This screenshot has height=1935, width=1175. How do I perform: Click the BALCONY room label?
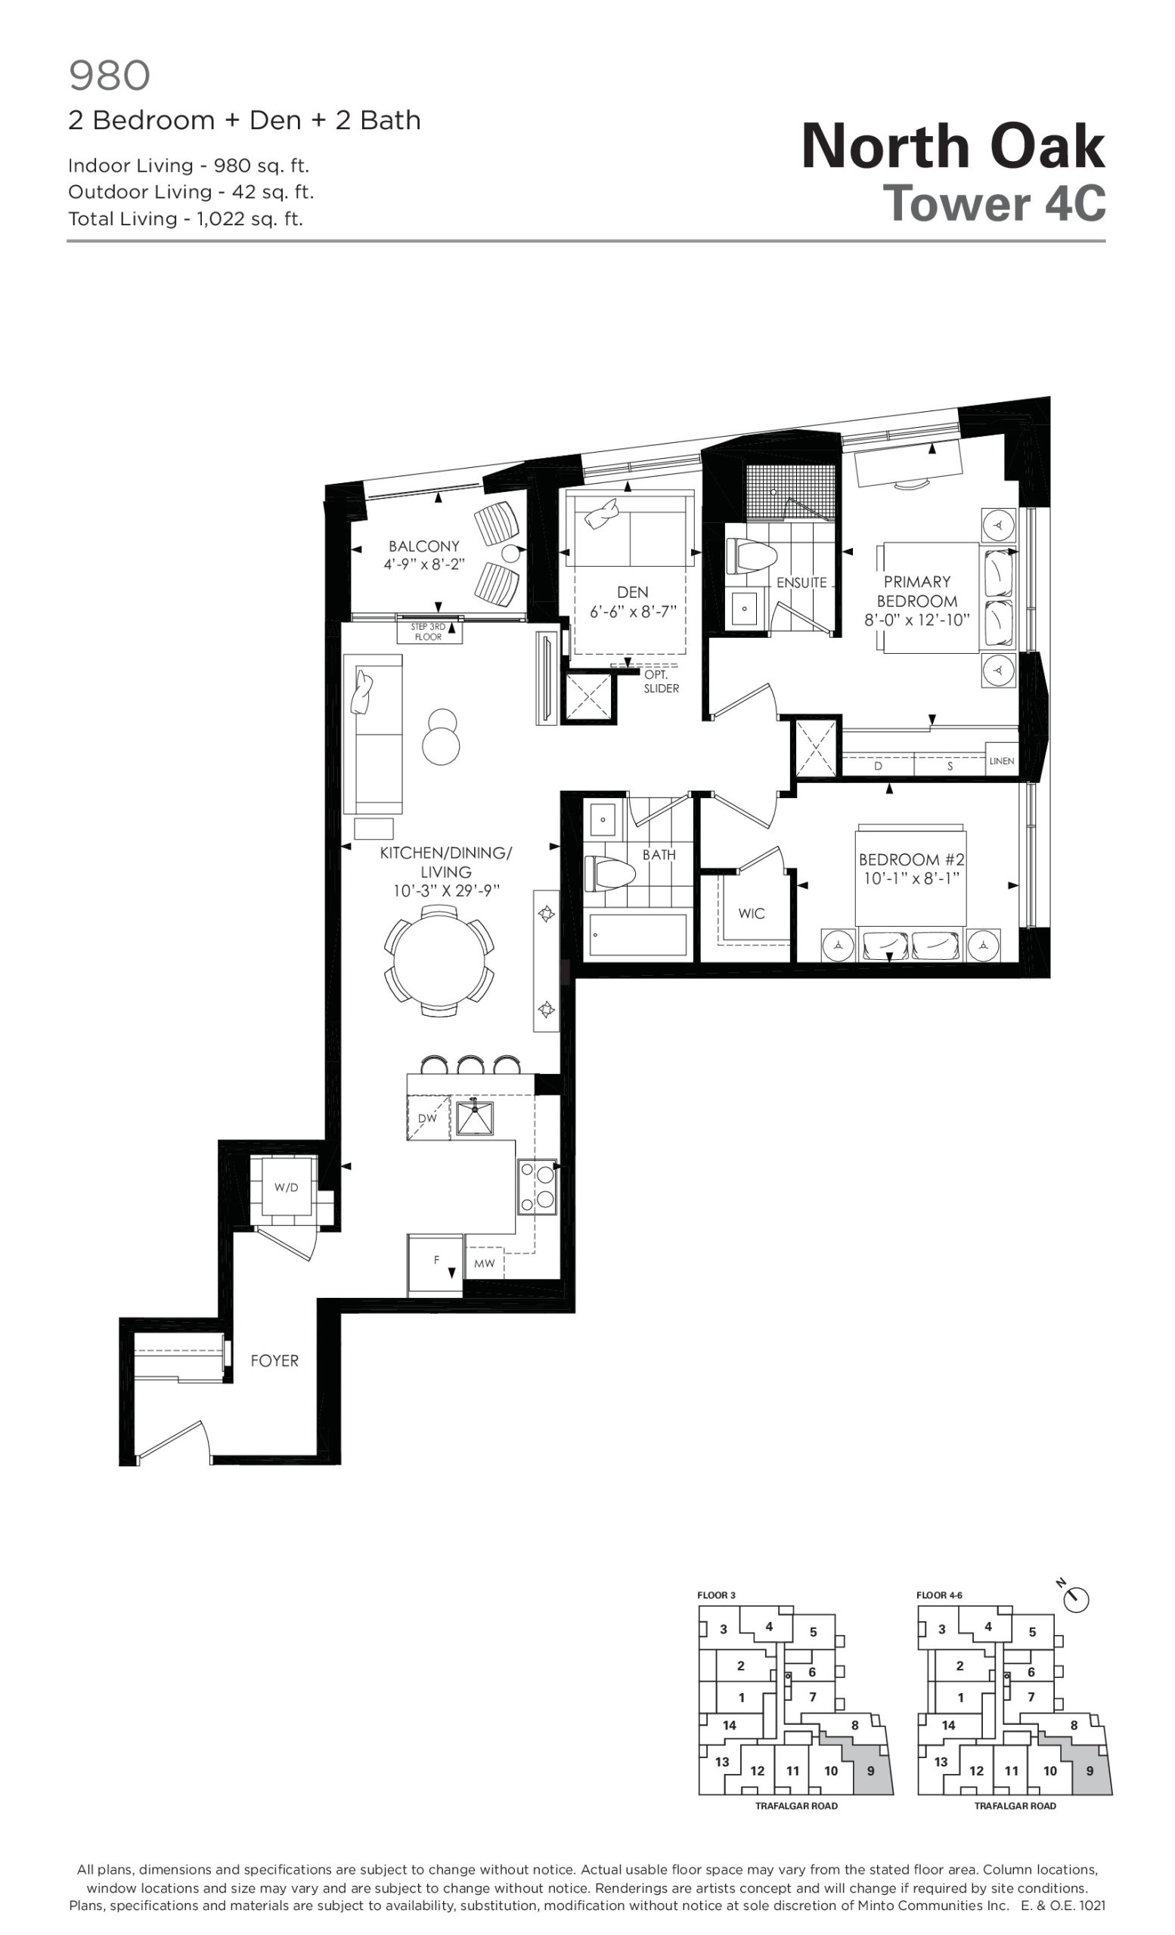[x=423, y=546]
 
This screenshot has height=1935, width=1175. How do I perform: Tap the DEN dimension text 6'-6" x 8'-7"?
[x=633, y=611]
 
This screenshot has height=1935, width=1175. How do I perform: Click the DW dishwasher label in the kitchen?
[x=426, y=1118]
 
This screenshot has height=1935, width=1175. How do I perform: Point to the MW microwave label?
[x=485, y=1264]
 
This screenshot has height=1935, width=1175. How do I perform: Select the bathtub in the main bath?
[x=635, y=933]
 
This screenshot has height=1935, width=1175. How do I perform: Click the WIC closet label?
[x=752, y=913]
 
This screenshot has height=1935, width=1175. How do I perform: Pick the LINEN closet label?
[x=1001, y=761]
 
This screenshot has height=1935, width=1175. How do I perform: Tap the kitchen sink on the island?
[x=474, y=1118]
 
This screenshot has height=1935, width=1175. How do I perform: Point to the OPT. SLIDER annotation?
[x=661, y=682]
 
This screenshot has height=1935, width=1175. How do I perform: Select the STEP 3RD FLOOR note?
[x=428, y=632]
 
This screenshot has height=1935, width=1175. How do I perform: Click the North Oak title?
[x=953, y=146]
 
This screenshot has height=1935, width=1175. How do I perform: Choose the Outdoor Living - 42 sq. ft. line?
[x=191, y=192]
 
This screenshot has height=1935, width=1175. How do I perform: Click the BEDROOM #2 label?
[x=911, y=859]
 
